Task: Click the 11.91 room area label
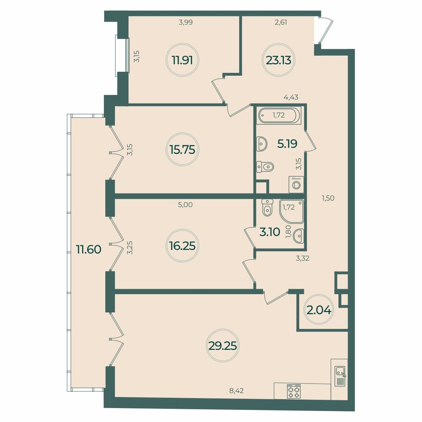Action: click(182, 60)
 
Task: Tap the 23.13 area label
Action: click(279, 60)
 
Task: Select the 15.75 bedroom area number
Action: click(182, 150)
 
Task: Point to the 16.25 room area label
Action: click(182, 246)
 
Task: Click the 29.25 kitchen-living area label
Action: click(222, 346)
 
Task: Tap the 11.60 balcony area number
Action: click(89, 249)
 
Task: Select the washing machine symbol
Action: click(296, 184)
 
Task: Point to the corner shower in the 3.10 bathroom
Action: click(292, 211)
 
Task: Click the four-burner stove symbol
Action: click(294, 391)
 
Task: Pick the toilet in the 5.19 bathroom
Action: click(265, 167)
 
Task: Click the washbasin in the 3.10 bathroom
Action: click(299, 236)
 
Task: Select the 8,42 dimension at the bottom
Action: click(237, 390)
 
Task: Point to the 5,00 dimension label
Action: click(185, 205)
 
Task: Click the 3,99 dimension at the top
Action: click(186, 22)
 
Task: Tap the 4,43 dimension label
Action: click(291, 97)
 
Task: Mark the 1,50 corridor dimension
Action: click(328, 198)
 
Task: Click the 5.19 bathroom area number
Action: click(287, 144)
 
